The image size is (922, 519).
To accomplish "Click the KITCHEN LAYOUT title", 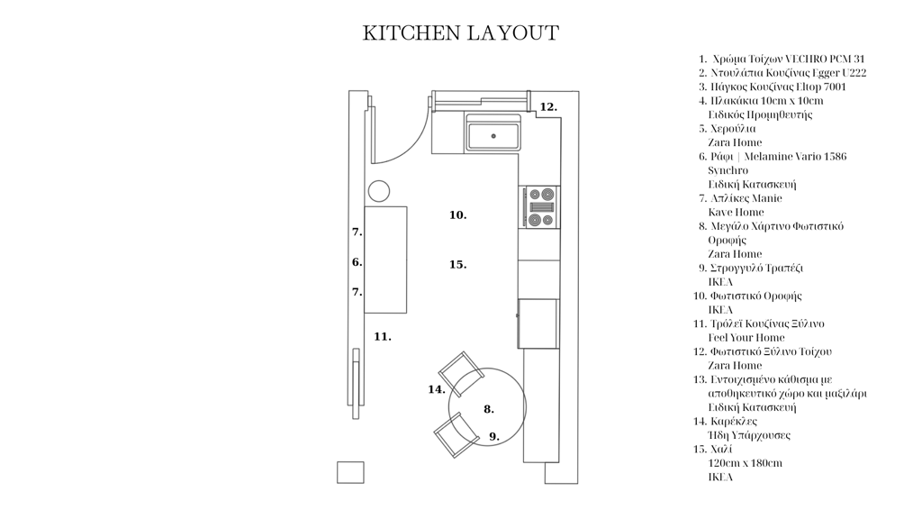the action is pyautogui.click(x=460, y=33).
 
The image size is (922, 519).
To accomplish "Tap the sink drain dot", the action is pyautogui.click(x=493, y=136).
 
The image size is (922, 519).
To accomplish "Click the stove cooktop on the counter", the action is pyautogui.click(x=541, y=207).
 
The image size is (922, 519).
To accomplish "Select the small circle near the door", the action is pyautogui.click(x=379, y=191).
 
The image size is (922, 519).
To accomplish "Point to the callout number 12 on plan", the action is pyautogui.click(x=548, y=107).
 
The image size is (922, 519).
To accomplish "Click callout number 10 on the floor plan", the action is pyautogui.click(x=458, y=215).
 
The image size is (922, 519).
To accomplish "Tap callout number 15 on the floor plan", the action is pyautogui.click(x=458, y=265).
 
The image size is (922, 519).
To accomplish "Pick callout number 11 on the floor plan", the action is pyautogui.click(x=382, y=337).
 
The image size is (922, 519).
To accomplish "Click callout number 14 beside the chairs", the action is pyautogui.click(x=437, y=389).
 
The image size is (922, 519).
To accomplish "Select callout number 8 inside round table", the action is pyautogui.click(x=489, y=410).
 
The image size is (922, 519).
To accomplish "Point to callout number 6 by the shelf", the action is pyautogui.click(x=357, y=262).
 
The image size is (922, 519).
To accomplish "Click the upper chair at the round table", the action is pyautogui.click(x=462, y=373).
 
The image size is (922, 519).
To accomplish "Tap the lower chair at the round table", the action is pyautogui.click(x=456, y=434).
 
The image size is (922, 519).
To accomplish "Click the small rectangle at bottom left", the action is pyautogui.click(x=350, y=472).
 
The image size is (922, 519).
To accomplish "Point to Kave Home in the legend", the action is pyautogui.click(x=736, y=213).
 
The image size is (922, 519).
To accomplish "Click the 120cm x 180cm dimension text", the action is pyautogui.click(x=745, y=463).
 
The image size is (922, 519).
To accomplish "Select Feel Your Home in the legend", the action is pyautogui.click(x=746, y=338).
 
